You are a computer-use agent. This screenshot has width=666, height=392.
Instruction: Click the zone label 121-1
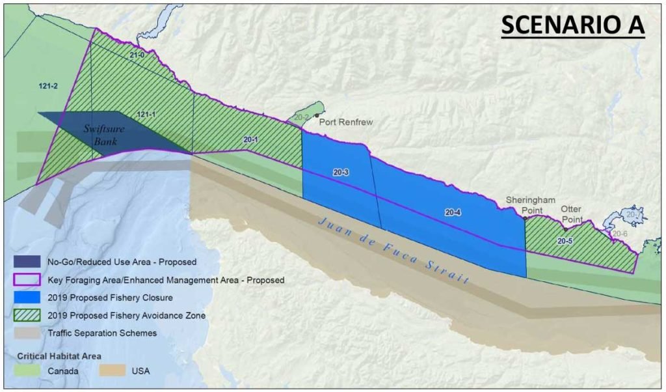[146, 115]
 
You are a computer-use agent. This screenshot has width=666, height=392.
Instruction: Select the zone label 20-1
[250, 139]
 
